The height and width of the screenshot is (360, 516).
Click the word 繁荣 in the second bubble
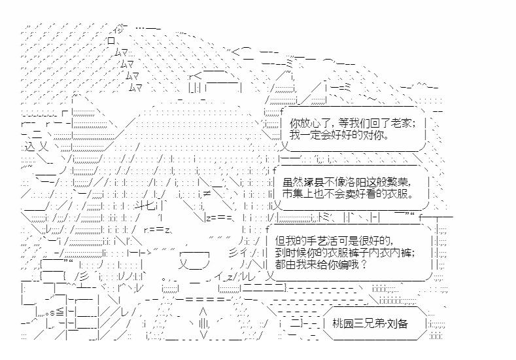pyautogui.click(x=401, y=182)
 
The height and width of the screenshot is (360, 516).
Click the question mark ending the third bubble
pyautogui.click(x=364, y=264)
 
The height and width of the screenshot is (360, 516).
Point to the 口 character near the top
pyautogui.click(x=111, y=41)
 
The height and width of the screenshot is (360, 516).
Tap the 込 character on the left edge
pyautogui.click(x=29, y=147)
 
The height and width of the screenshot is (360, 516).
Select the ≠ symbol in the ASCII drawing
pyautogui.click(x=207, y=194)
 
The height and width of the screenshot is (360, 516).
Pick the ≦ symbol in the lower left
pyautogui.click(x=61, y=312)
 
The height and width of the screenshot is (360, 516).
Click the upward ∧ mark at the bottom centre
pyautogui.click(x=203, y=312)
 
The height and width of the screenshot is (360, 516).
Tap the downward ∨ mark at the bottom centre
pyautogui.click(x=203, y=334)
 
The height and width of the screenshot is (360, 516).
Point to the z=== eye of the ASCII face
pyautogui.click(x=219, y=218)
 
